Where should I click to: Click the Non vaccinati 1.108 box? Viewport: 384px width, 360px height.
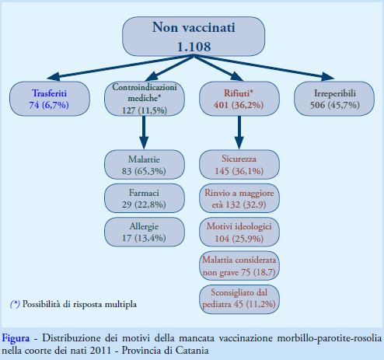(194, 37)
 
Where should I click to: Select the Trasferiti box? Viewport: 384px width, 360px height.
(50, 99)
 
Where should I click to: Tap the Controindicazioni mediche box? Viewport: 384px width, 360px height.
(145, 99)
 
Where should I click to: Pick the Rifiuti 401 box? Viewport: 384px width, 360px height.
(239, 99)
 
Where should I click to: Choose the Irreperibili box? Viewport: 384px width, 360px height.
(334, 99)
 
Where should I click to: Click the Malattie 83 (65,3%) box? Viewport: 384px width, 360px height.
(145, 165)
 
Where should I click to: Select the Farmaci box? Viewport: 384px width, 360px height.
(145, 198)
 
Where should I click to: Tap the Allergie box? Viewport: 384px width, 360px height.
(145, 232)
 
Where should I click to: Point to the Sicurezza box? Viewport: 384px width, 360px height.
(239, 165)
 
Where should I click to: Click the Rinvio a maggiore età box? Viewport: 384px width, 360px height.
(239, 198)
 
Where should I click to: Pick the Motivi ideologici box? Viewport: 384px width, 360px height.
(239, 232)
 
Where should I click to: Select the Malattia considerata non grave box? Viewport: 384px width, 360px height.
(239, 266)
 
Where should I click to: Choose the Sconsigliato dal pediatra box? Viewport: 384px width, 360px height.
(239, 299)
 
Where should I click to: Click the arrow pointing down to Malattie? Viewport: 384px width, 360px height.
(144, 132)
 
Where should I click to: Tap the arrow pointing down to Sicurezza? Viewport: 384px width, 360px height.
(239, 132)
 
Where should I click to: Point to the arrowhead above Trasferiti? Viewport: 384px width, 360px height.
(54, 76)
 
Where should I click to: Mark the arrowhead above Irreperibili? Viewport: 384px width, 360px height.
(327, 76)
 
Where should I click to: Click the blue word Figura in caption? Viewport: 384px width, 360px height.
(16, 338)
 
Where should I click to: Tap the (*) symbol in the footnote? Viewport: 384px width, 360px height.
(15, 304)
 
